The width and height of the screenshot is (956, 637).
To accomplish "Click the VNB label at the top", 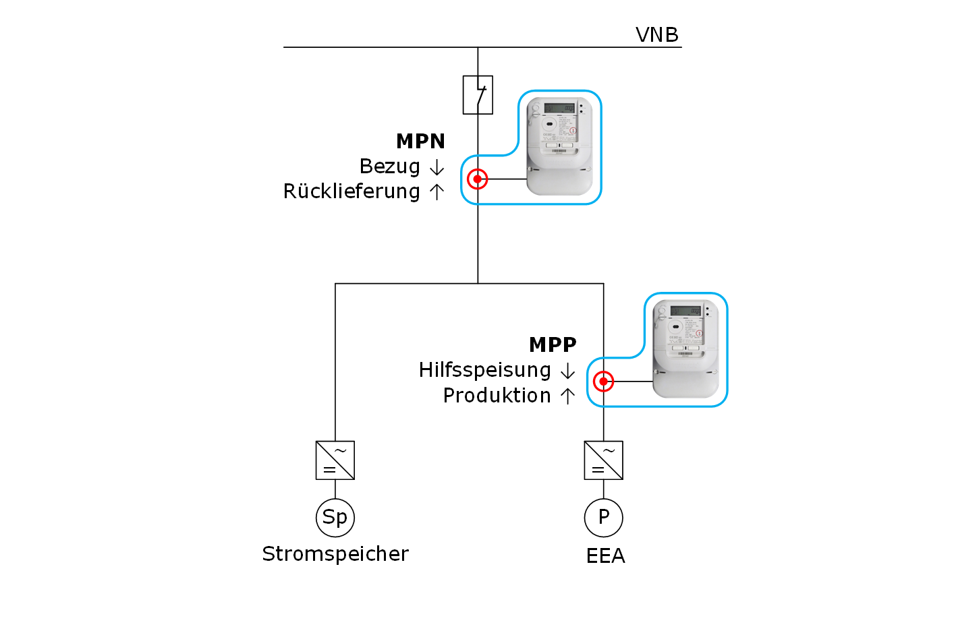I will point(656,34).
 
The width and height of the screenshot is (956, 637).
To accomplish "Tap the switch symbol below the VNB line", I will point(478,94).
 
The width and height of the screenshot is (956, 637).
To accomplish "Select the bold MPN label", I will point(420,141).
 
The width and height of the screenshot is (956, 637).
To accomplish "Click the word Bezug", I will point(389,166).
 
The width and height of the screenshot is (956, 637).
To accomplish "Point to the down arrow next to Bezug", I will point(437,167).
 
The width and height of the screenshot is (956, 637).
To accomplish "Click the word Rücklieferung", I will point(352,191).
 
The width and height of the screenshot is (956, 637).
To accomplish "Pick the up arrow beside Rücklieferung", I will point(437,192).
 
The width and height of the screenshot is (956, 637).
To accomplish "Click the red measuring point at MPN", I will point(478,179).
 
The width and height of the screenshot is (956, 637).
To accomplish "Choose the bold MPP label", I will point(553,344).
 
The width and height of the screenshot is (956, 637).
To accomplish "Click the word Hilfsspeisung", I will point(484,370).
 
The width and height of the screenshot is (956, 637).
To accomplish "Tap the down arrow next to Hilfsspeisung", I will point(568,371).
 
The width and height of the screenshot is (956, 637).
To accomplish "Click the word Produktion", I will point(497,396).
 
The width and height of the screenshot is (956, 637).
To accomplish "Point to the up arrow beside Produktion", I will point(568,396).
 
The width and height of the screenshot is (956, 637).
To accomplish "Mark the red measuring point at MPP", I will point(603,382).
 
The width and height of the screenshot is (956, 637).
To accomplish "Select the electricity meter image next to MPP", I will point(685,348).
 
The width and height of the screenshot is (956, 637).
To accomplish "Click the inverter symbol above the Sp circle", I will point(335,460).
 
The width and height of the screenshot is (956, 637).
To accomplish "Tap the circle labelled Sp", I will point(335,518).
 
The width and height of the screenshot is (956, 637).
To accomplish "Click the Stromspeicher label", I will point(335,554).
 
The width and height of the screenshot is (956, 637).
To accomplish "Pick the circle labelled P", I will point(603,518).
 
